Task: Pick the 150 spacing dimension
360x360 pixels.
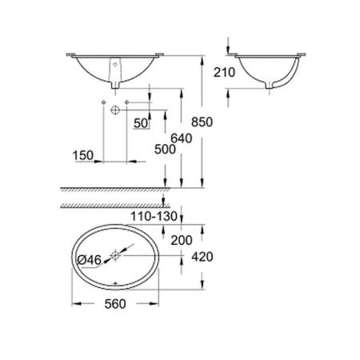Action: [x=84, y=152]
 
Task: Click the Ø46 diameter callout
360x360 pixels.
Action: [x=88, y=259]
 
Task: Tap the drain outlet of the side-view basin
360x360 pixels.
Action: [x=276, y=85]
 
